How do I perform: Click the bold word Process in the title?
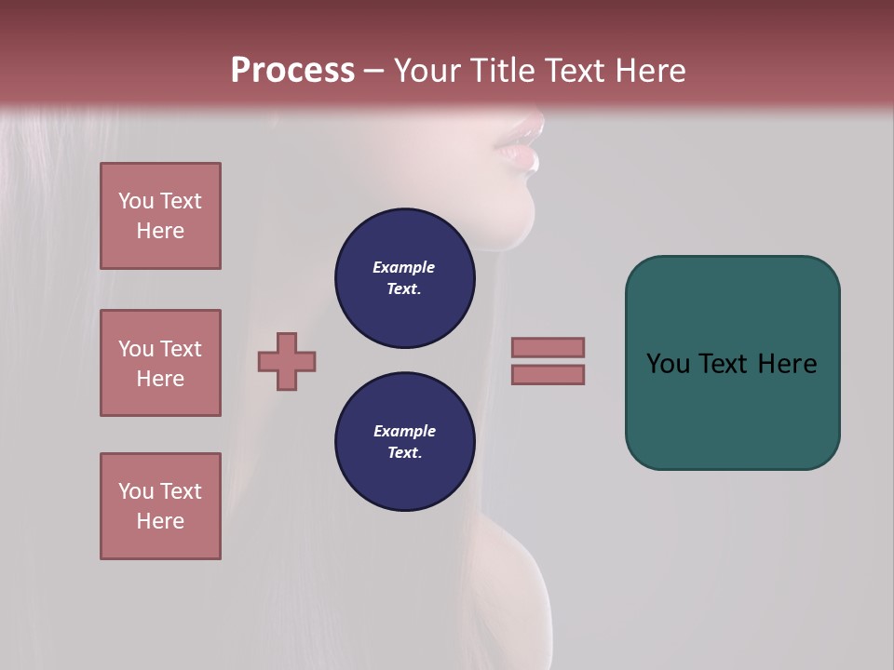click(x=292, y=71)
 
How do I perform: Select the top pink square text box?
click(x=160, y=216)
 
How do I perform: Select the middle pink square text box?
click(x=160, y=363)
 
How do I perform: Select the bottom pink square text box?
click(x=160, y=506)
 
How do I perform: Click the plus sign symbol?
click(x=287, y=361)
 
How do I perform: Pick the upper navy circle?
click(x=404, y=277)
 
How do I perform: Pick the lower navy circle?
click(x=404, y=441)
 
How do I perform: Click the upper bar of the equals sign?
click(x=548, y=347)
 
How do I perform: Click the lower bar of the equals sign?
click(x=548, y=375)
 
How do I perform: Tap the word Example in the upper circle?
click(x=404, y=267)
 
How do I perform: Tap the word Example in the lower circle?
click(x=404, y=431)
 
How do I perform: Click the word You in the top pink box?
click(x=134, y=201)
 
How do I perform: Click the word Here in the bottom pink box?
click(x=160, y=521)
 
